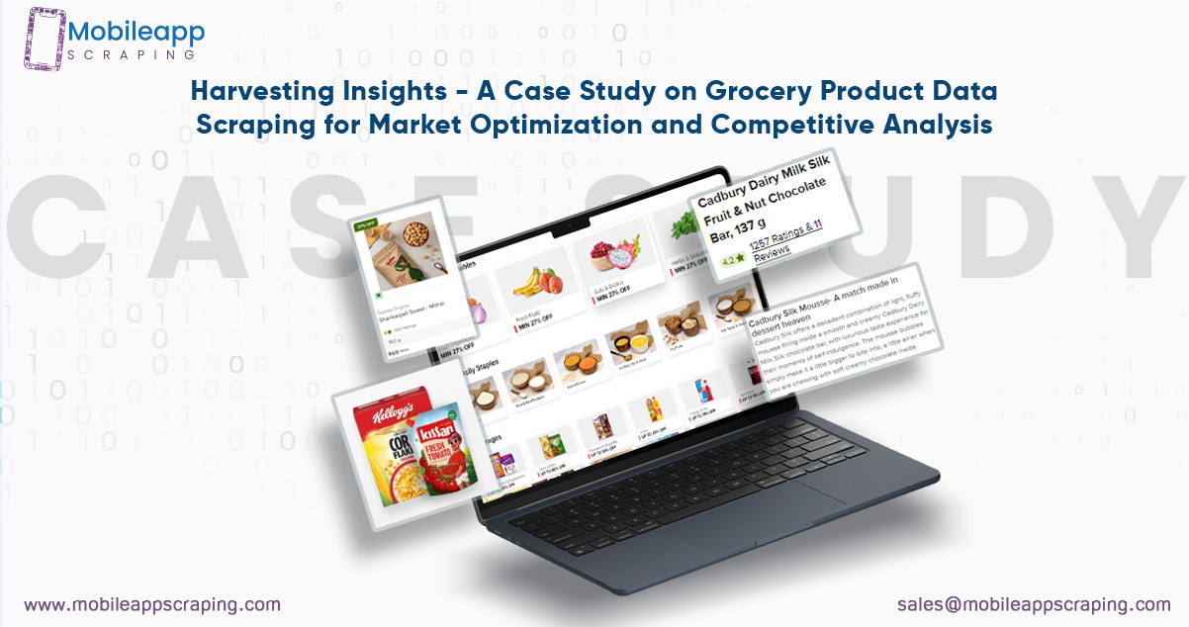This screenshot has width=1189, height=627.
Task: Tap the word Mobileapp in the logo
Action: [x=137, y=33]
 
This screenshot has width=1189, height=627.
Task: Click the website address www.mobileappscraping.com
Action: [x=151, y=604]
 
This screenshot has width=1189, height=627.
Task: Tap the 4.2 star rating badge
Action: [x=733, y=261]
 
